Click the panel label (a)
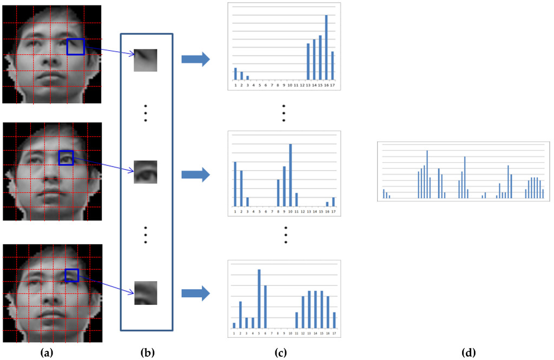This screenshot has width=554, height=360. (47, 353)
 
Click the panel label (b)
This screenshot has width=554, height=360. (146, 353)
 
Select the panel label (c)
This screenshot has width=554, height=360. (280, 353)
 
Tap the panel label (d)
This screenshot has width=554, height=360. (469, 353)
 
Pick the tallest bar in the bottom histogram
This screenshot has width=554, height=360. (259, 298)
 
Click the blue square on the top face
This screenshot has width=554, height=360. (76, 46)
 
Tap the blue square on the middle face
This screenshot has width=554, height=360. (65, 158)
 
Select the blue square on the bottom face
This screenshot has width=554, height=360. (71, 276)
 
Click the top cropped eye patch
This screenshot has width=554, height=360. (146, 60)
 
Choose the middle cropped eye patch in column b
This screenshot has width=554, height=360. (146, 172)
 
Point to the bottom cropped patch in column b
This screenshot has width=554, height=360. (146, 292)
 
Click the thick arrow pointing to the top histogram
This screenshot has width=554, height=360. (195, 59)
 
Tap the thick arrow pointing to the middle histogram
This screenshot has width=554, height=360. (195, 175)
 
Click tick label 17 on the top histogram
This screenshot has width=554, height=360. (333, 85)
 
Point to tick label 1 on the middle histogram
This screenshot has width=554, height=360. (235, 212)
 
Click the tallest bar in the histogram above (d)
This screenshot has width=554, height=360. (427, 174)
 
